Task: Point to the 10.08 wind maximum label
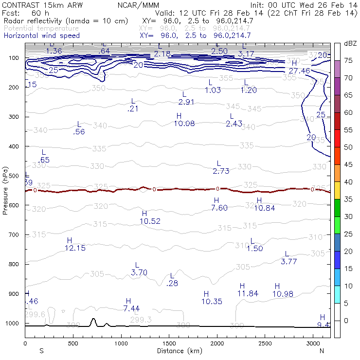click(x=184, y=124)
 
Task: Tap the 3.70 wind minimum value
click(x=139, y=272)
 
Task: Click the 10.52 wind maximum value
click(x=150, y=221)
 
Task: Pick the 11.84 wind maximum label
click(x=248, y=294)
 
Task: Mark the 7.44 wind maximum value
click(x=131, y=308)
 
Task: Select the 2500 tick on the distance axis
click(x=265, y=344)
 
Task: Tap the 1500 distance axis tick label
click(x=169, y=344)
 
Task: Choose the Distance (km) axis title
click(x=178, y=351)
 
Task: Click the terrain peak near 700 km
click(x=93, y=320)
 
